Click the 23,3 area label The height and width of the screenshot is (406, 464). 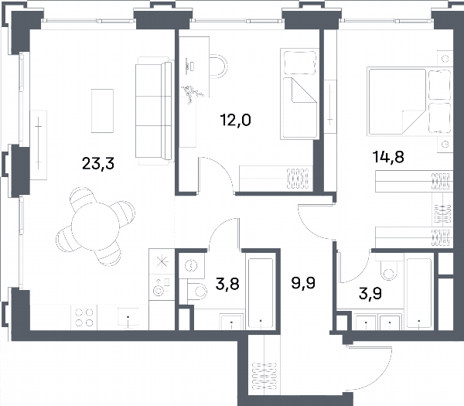(x=98, y=163)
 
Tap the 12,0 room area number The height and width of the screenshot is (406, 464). (x=236, y=120)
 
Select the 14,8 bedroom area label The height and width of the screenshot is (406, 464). (x=388, y=157)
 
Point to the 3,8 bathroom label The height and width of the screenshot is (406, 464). (x=227, y=284)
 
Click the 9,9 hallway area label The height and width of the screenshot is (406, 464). (x=303, y=283)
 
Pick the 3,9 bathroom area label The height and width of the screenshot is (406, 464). (x=370, y=294)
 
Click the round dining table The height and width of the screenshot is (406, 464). (x=95, y=227)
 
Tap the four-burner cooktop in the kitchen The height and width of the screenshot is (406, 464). (x=84, y=317)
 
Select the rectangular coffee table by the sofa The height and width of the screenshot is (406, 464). (x=102, y=111)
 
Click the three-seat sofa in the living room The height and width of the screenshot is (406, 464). (x=154, y=111)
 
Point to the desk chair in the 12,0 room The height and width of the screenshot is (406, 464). (x=219, y=66)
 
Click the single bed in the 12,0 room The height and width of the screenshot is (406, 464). (x=299, y=94)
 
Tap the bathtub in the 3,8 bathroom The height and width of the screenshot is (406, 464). (x=261, y=293)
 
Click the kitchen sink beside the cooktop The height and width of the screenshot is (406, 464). (x=128, y=318)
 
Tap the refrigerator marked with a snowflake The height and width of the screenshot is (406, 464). (x=162, y=261)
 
